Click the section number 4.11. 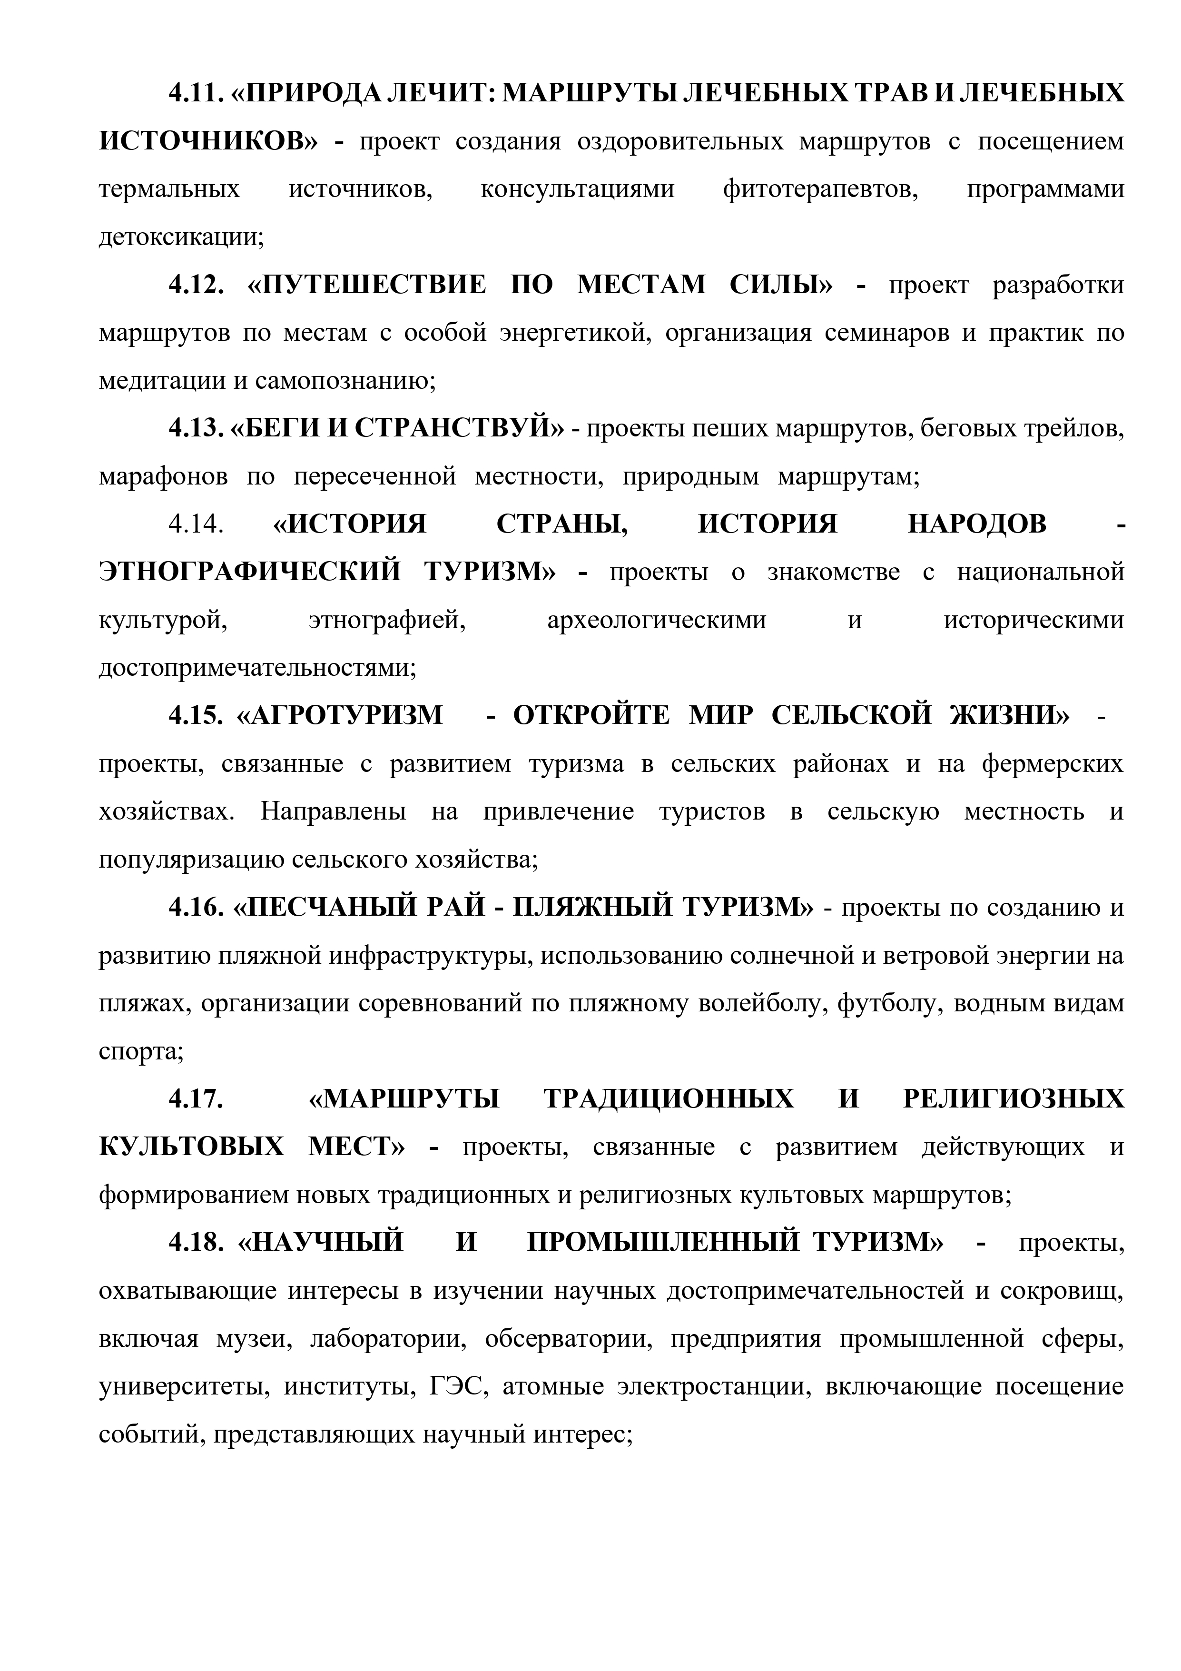coord(195,93)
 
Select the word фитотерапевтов coord(820,189)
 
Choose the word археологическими coord(656,621)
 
